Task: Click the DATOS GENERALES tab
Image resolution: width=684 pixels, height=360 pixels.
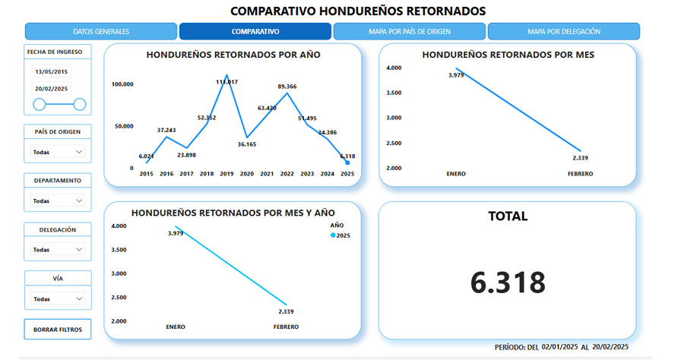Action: tap(101, 32)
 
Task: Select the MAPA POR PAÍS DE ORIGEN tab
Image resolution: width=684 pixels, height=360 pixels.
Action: tap(409, 32)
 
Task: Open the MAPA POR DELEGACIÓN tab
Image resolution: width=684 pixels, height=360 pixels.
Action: tap(563, 32)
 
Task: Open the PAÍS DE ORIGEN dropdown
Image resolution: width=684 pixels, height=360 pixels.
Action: tap(58, 152)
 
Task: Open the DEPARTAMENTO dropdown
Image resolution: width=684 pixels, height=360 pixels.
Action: tap(58, 201)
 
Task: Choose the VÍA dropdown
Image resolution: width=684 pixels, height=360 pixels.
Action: tap(58, 298)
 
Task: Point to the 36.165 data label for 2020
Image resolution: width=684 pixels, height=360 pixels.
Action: tap(247, 144)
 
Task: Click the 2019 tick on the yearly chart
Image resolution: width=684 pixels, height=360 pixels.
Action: tap(226, 174)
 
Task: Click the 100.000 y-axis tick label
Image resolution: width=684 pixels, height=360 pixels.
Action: tap(122, 84)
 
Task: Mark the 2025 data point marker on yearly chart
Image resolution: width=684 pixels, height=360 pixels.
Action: tap(347, 163)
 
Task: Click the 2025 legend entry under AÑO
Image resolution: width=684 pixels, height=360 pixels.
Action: tap(340, 236)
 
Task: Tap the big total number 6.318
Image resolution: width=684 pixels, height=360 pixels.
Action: tap(508, 283)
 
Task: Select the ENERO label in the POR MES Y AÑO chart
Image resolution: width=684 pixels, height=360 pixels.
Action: tap(176, 327)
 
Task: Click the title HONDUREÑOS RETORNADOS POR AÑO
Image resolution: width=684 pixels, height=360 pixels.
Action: tap(233, 55)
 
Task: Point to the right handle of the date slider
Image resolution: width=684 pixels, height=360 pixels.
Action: tap(80, 104)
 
